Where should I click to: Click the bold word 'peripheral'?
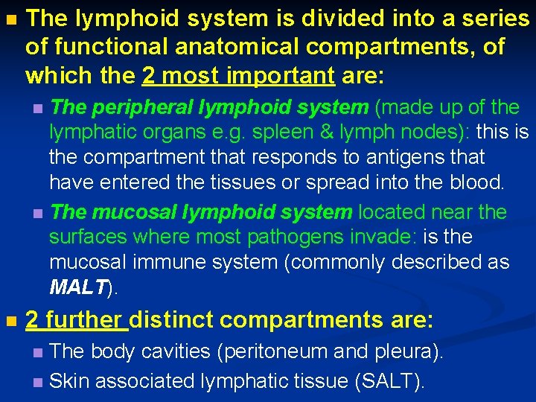pos(139,107)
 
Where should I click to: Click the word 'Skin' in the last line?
pos(69,381)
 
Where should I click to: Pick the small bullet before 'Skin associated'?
pos(39,382)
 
